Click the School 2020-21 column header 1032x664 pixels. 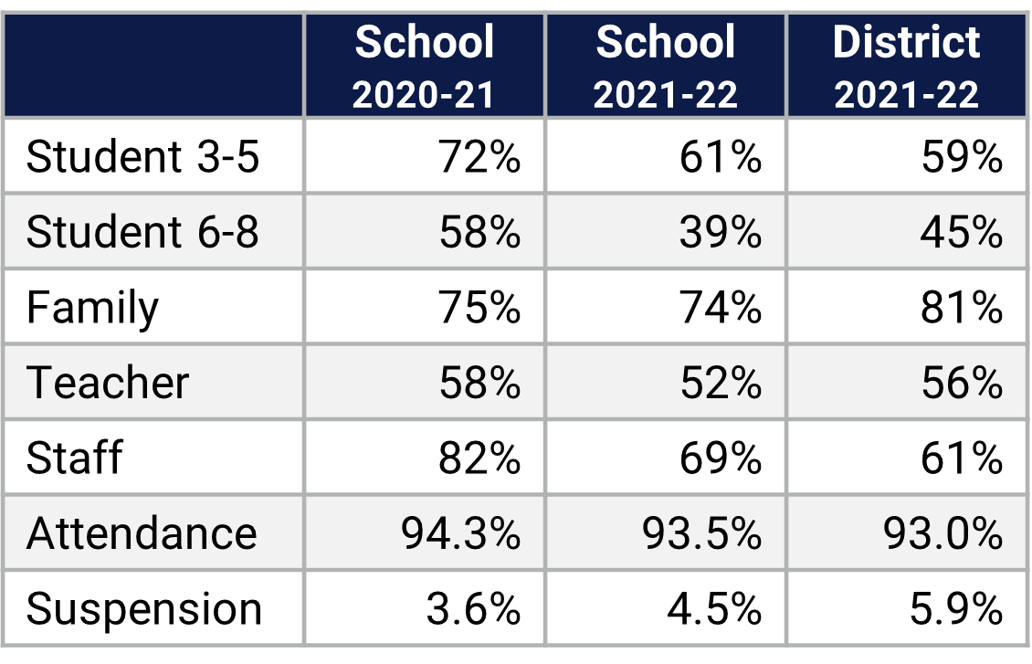click(424, 67)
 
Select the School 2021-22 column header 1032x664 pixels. click(665, 67)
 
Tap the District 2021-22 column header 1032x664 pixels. click(906, 67)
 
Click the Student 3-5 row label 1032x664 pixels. click(142, 157)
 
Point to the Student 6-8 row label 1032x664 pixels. click(142, 232)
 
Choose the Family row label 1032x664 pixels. click(92, 309)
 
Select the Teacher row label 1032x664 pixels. click(108, 383)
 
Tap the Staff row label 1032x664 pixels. click(74, 458)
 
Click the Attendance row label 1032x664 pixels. click(142, 533)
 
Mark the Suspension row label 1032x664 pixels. click(144, 609)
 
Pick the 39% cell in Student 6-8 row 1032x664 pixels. click(720, 233)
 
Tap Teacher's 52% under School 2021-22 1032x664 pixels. click(720, 383)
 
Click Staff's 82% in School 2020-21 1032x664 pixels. click(479, 458)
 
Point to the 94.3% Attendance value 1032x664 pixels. click(461, 533)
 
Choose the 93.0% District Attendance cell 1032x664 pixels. click(943, 533)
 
